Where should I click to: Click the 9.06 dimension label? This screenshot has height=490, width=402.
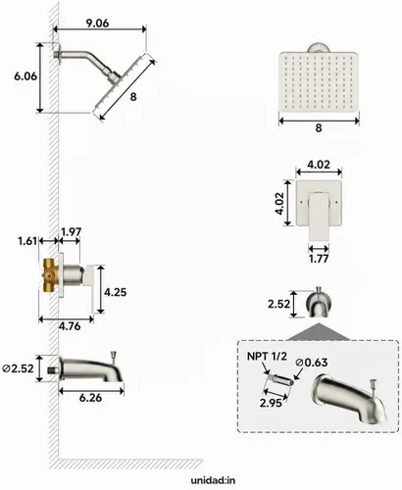(97, 24)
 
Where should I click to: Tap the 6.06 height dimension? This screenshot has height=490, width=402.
(25, 76)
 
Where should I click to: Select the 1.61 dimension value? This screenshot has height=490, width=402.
(27, 241)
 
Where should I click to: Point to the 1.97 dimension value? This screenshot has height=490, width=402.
(72, 231)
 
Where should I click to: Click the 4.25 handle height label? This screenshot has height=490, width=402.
(115, 292)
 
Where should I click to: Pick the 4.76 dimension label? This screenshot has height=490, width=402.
(70, 326)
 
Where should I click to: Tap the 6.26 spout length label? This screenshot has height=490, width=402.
(90, 398)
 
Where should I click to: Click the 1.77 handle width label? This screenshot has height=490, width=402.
(319, 259)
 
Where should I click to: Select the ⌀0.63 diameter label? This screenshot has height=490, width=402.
(311, 363)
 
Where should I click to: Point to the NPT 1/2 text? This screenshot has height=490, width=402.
(267, 356)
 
